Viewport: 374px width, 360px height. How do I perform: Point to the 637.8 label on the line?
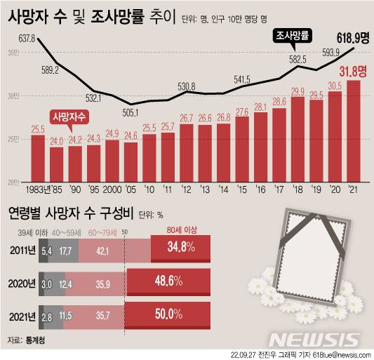click(27, 37)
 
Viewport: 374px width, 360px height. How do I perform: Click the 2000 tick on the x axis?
click(112, 189)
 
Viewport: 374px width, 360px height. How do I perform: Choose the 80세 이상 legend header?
click(182, 229)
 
